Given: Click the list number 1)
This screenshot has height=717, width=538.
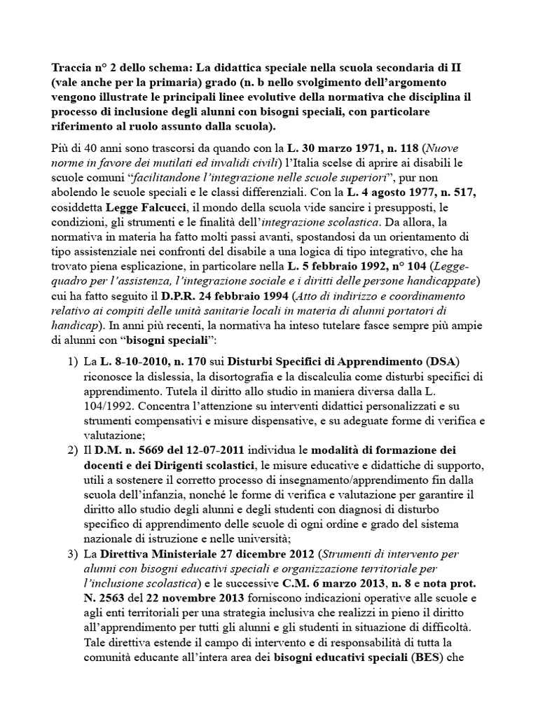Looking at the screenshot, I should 71,360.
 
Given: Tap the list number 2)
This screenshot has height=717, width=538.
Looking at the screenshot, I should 71,450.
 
